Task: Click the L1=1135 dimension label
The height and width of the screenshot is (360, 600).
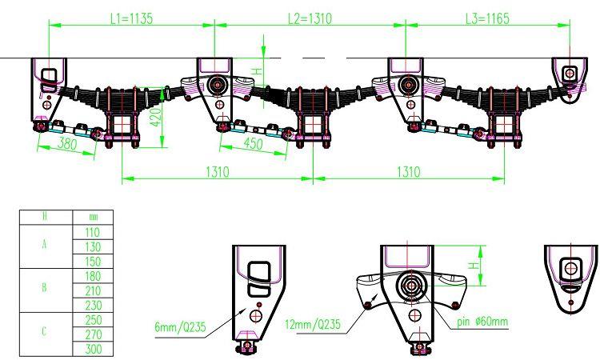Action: pos(131,18)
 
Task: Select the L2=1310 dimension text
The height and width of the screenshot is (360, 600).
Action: pos(310,18)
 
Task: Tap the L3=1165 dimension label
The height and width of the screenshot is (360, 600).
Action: pos(487,18)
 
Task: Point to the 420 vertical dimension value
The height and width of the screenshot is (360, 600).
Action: pos(155,117)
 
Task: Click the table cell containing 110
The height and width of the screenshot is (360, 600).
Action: pos(93,232)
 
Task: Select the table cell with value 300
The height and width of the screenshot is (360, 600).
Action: pos(93,349)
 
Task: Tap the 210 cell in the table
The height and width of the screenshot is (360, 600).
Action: pos(93,290)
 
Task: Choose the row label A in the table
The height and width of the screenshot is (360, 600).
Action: pos(45,244)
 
